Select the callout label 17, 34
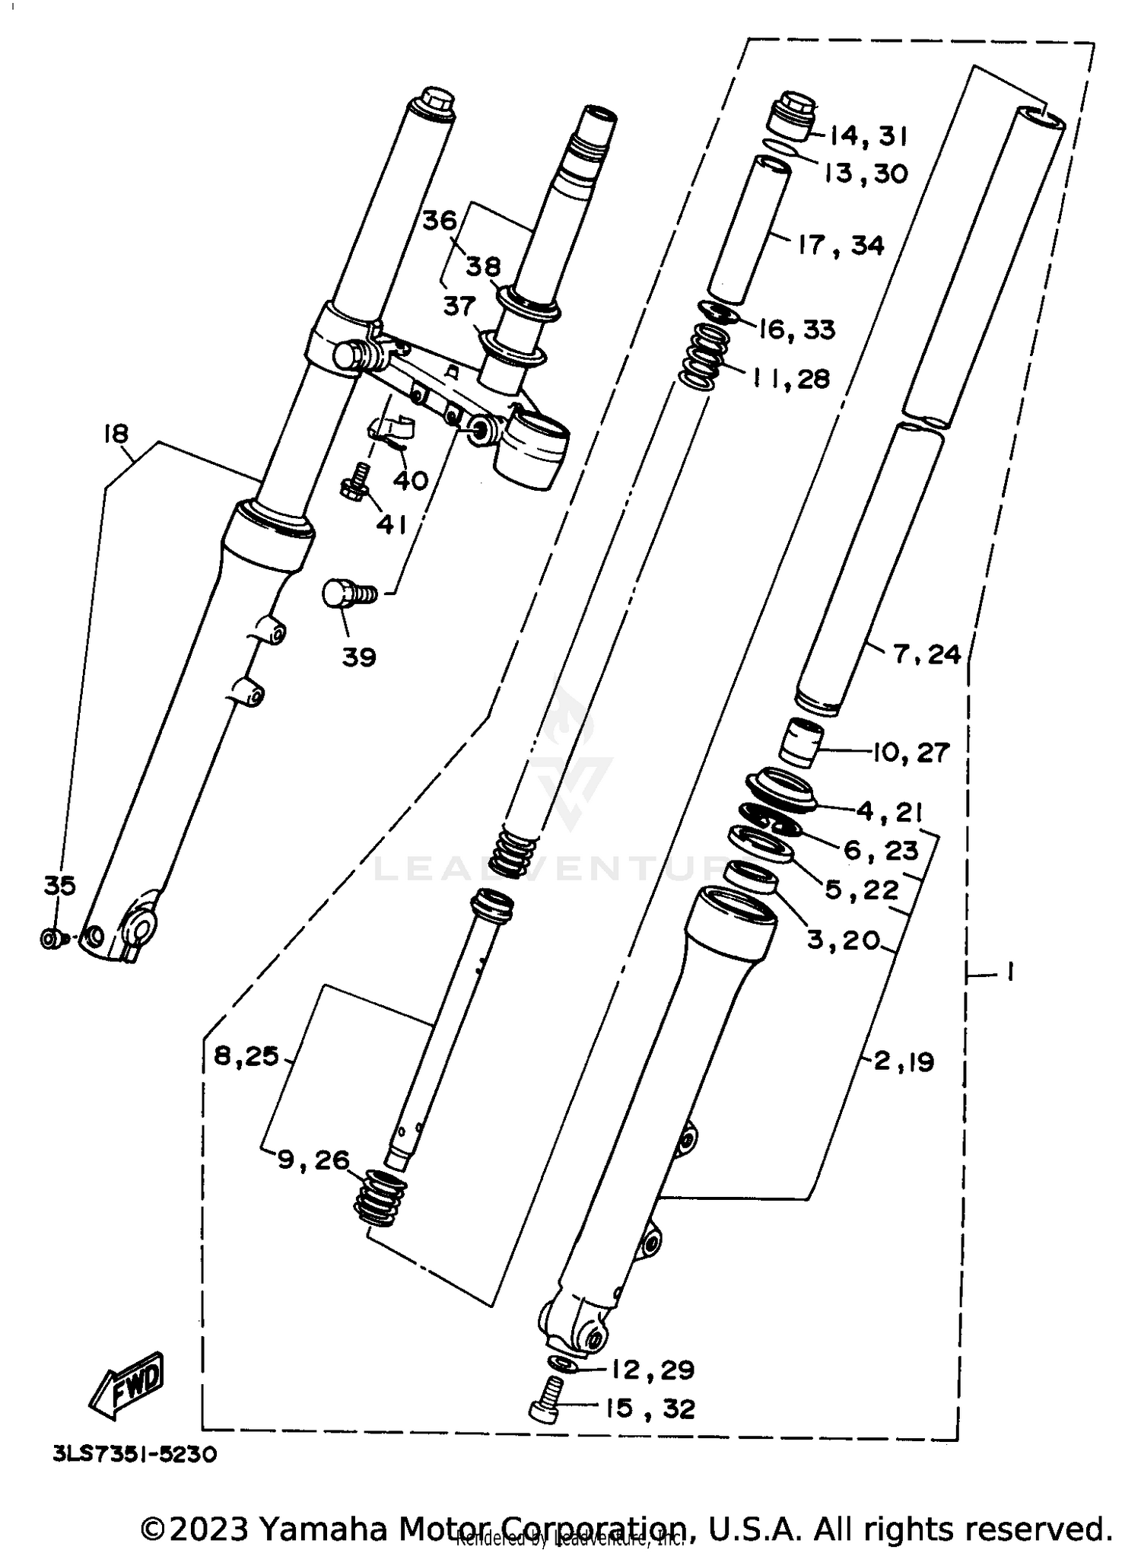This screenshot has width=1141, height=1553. coord(841,246)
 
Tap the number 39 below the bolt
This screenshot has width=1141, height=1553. coord(358,657)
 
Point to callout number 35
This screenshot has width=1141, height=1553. coord(59,886)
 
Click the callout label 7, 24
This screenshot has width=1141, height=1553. coord(926,654)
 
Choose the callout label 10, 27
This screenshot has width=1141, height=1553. coord(910,753)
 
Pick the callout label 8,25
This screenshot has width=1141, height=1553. coord(246,1056)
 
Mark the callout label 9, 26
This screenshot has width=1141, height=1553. coord(313,1160)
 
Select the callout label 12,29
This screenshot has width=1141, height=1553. coord(651,1370)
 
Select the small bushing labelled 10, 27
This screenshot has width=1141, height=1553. coord(803,742)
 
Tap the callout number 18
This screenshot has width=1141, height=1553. coord(116,434)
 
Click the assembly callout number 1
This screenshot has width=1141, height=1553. coord(1009,972)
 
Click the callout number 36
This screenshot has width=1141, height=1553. coord(439,221)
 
